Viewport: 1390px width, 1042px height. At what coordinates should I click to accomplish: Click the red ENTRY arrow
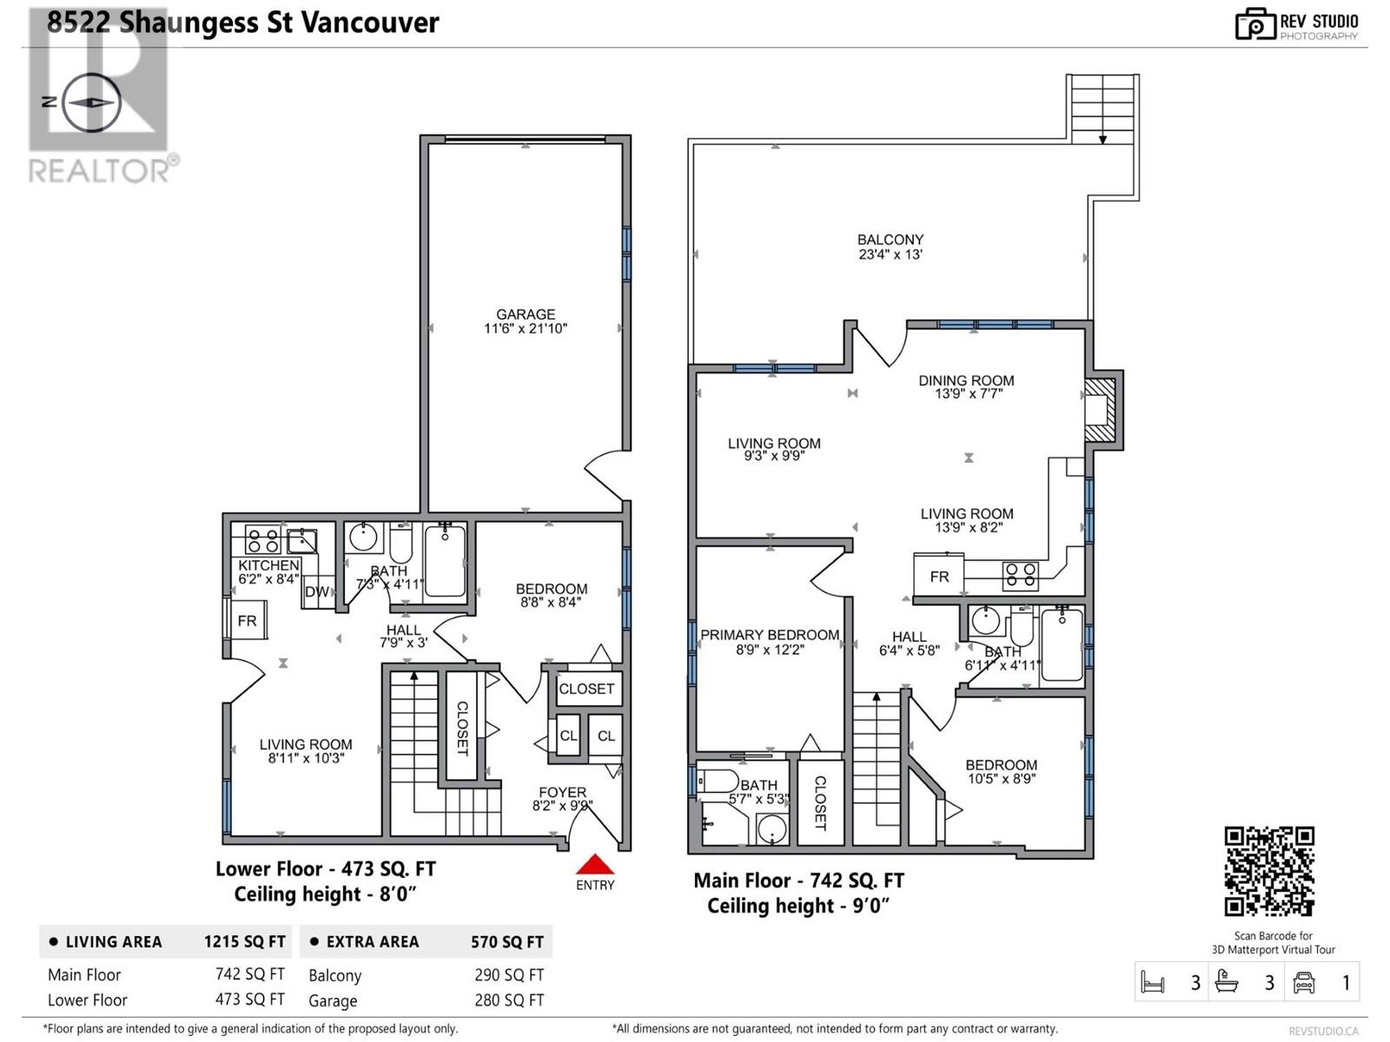point(595,865)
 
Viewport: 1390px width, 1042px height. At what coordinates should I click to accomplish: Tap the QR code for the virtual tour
point(1269,871)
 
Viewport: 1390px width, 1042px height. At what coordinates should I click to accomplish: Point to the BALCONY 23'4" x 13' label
point(890,247)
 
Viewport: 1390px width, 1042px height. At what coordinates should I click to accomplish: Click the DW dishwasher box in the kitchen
point(316,592)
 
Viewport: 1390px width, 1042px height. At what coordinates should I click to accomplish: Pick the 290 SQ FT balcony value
point(509,975)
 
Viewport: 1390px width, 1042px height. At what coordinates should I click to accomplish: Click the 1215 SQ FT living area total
point(244,942)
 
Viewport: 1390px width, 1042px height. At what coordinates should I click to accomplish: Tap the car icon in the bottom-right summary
point(1304,982)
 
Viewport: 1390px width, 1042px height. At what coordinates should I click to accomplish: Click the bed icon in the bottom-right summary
point(1153,983)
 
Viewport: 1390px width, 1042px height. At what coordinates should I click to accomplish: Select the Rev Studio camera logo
point(1254,24)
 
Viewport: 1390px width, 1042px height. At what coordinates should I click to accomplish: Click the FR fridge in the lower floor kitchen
point(247,621)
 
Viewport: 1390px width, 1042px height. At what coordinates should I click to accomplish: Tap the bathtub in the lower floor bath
point(445,560)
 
